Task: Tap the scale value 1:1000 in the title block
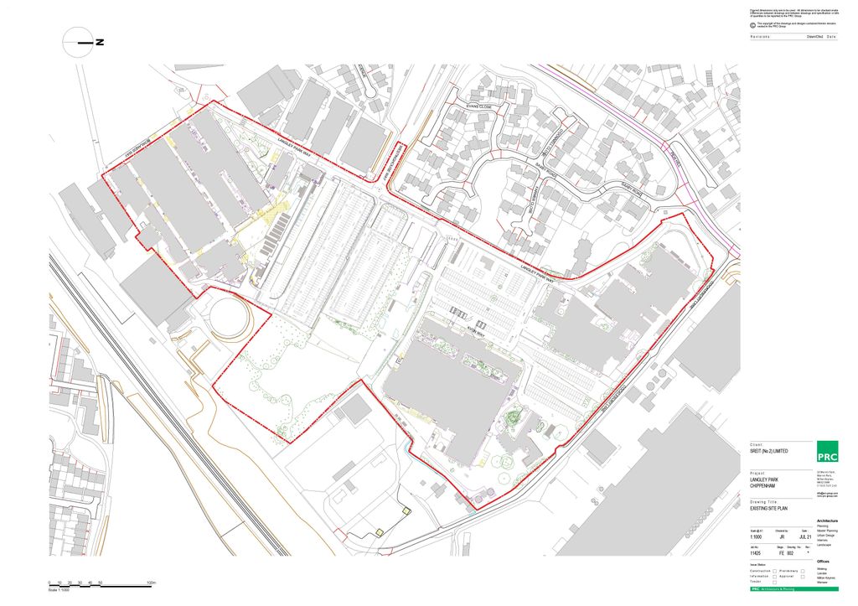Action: [757, 536]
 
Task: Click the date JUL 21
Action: [806, 536]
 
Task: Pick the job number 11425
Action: [757, 554]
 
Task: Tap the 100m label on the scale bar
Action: [152, 581]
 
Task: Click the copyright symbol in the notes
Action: [752, 24]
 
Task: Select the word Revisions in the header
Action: [761, 38]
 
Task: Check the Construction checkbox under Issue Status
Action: [774, 571]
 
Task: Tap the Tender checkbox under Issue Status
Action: [774, 582]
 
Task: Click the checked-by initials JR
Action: [782, 536]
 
